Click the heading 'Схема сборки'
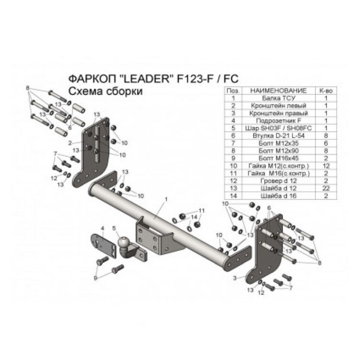[105, 92]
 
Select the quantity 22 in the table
[325, 188]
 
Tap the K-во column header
[325, 90]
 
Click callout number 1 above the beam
[166, 198]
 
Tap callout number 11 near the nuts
[202, 211]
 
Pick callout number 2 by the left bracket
[70, 143]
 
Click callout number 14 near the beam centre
[194, 217]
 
